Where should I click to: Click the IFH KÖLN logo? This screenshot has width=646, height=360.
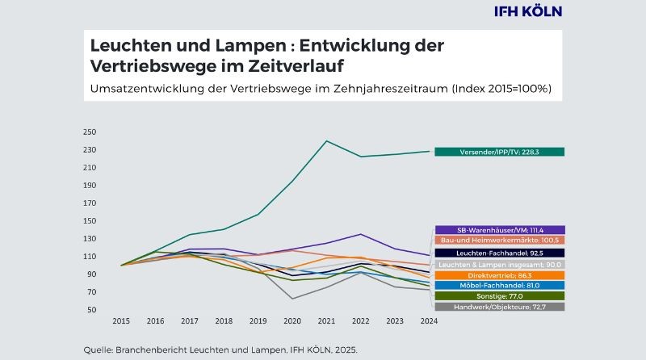(x=527, y=11)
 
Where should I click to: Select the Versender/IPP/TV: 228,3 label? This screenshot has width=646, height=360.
(x=499, y=152)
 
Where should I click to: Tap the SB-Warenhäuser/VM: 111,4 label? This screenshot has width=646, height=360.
(x=499, y=230)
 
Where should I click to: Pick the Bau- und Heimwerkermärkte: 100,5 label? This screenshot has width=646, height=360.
(x=499, y=241)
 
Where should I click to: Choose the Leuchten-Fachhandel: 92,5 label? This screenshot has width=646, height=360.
(x=499, y=253)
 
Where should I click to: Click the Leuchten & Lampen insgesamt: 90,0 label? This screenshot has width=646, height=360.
(x=499, y=264)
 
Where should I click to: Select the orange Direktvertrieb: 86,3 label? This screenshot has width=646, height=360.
(x=499, y=275)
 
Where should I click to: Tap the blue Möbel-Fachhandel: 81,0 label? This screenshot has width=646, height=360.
(x=499, y=286)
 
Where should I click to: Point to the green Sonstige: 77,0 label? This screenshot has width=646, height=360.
(x=499, y=296)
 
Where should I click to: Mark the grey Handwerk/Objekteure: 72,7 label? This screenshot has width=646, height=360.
(x=499, y=307)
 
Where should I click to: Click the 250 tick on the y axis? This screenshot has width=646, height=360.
(x=89, y=132)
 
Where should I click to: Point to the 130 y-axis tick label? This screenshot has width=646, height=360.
(x=89, y=239)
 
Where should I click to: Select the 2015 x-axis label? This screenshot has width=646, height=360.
(x=122, y=322)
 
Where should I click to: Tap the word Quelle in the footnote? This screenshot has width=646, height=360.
(x=99, y=350)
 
